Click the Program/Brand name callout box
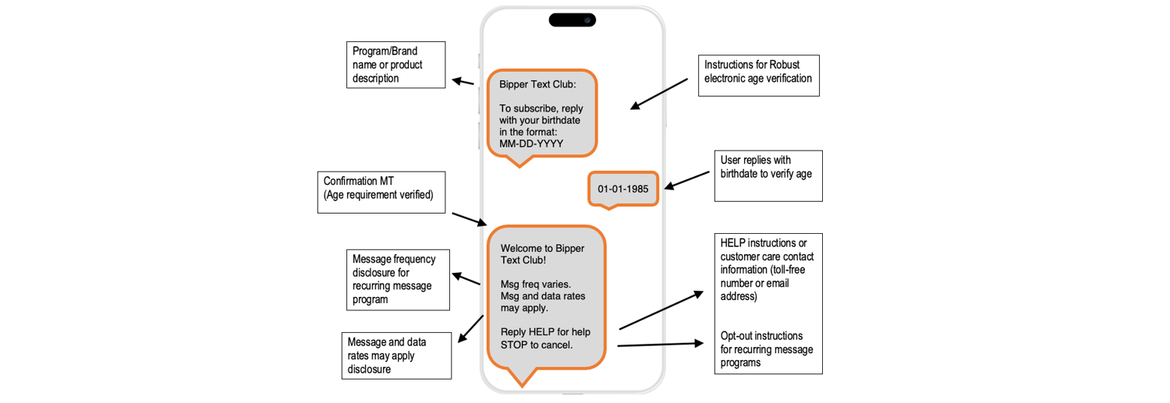click(395, 64)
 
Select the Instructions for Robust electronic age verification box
click(758, 75)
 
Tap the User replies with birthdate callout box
click(768, 175)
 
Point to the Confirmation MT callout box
click(381, 192)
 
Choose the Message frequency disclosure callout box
click(398, 280)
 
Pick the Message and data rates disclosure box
click(397, 355)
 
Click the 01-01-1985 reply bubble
click(623, 189)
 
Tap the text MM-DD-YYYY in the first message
click(531, 143)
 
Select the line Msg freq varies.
click(536, 284)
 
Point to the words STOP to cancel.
click(537, 345)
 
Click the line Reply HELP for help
click(545, 332)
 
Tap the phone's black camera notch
click(572, 19)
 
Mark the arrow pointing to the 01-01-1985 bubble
click(686, 179)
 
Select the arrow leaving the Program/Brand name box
click(463, 82)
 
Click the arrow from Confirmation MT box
click(469, 218)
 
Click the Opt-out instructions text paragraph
click(767, 349)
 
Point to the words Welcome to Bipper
click(542, 248)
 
